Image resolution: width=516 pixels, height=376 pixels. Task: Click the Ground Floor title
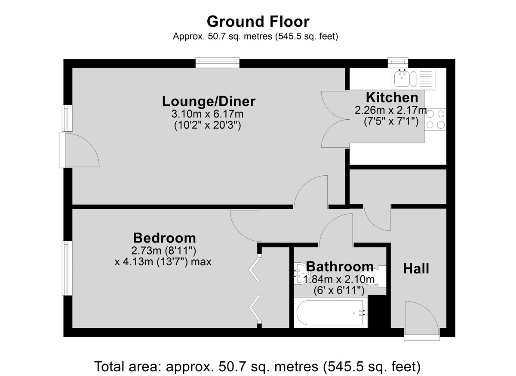point(258,22)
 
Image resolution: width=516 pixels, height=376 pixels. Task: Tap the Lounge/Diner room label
point(209,102)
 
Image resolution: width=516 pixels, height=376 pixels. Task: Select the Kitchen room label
point(392,98)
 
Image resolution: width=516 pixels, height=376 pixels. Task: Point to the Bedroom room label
point(164,238)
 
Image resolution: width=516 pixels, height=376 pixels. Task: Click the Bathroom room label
point(340,267)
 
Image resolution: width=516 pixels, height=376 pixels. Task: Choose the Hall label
point(416,269)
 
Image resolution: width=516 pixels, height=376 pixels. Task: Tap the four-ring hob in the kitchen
point(435,119)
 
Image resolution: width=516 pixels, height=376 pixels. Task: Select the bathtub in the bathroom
point(331,313)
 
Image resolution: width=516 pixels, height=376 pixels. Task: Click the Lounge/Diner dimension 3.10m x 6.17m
point(207,114)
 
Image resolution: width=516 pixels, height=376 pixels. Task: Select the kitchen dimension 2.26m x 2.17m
point(391,110)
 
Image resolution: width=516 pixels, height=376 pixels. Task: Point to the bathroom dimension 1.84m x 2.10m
point(339,280)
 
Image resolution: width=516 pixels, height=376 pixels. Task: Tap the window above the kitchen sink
point(398,63)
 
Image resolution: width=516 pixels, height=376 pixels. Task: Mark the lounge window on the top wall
point(218,63)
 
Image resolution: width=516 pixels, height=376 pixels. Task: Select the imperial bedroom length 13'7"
point(170,262)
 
